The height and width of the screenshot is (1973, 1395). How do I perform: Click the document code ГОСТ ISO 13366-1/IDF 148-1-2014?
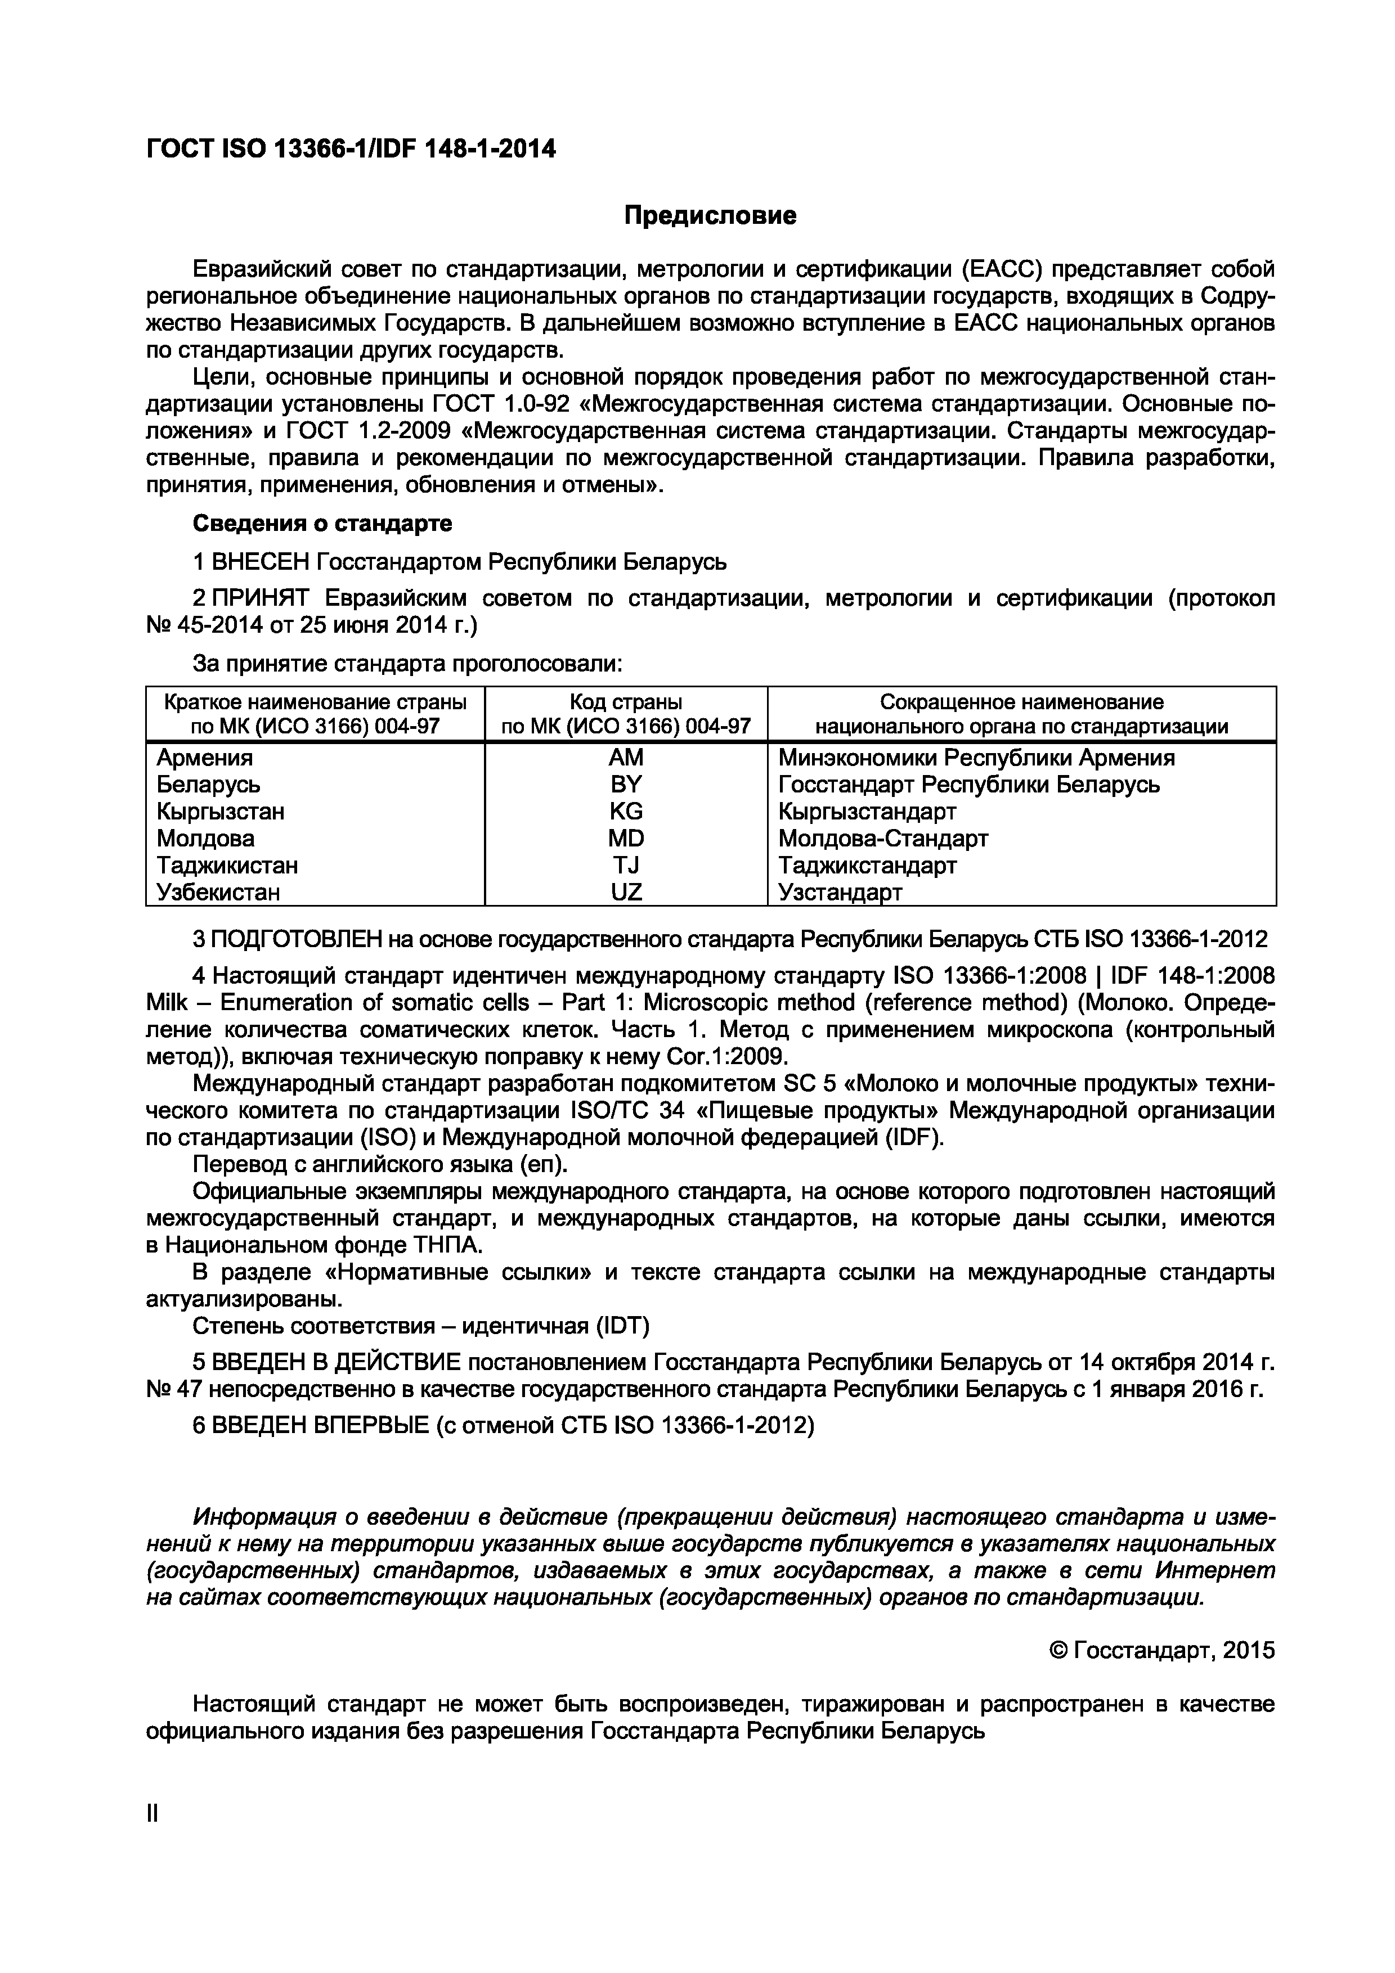click(x=351, y=150)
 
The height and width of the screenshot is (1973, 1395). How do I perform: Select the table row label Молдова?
click(x=205, y=838)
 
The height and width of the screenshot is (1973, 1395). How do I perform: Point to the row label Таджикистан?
click(x=227, y=866)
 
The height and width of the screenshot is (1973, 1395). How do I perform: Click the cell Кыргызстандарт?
click(x=867, y=811)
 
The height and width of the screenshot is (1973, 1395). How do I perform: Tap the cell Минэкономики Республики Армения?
click(x=976, y=758)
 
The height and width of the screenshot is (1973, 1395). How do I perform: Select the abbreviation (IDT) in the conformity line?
click(x=620, y=1326)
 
